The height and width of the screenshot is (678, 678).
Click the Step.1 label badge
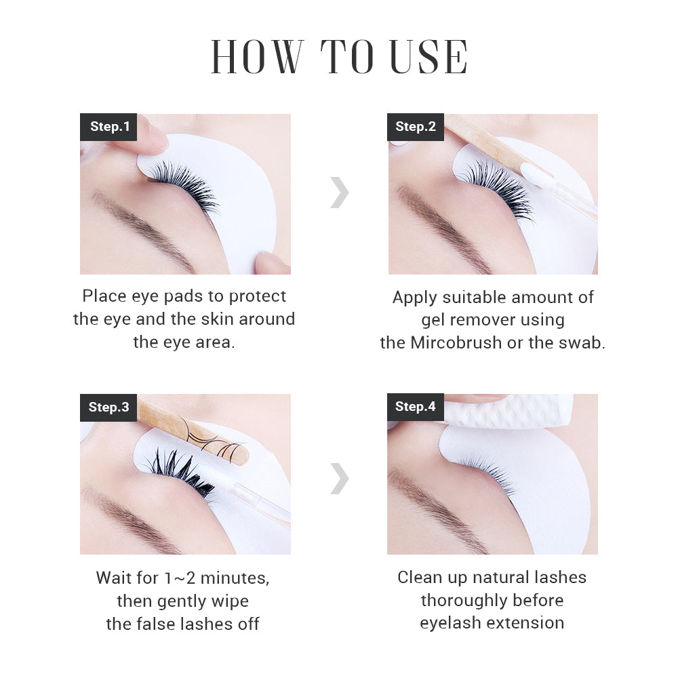[x=108, y=127]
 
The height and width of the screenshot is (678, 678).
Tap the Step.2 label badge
[x=416, y=127]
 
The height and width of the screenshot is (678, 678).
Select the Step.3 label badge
[x=108, y=407]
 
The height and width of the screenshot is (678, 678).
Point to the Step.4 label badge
[x=416, y=407]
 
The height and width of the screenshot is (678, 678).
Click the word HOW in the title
[x=257, y=57]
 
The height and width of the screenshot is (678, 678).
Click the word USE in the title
[x=428, y=57]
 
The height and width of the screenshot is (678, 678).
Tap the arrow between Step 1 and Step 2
[x=340, y=193]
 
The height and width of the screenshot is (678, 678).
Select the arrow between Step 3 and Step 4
[x=340, y=479]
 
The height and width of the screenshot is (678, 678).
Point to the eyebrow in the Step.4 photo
[x=434, y=505]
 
